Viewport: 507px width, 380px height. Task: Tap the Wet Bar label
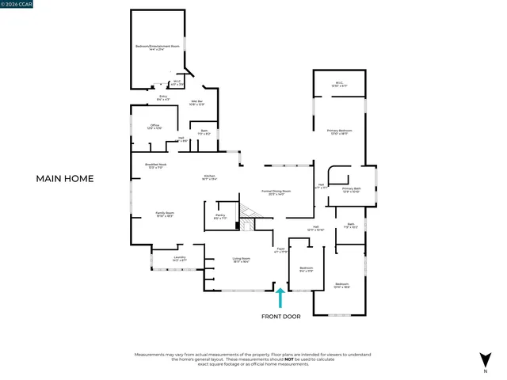pyautogui.click(x=197, y=101)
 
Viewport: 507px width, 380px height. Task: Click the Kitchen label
pyautogui.click(x=210, y=177)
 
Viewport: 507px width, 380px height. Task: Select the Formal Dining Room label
pyautogui.click(x=276, y=192)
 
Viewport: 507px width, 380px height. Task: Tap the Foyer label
pyautogui.click(x=280, y=250)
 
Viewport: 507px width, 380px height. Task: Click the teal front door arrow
pyautogui.click(x=280, y=297)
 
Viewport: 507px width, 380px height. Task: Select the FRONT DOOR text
pyautogui.click(x=281, y=317)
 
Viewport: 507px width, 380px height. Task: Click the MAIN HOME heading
pyautogui.click(x=65, y=179)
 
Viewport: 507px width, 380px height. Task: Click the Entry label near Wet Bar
pyautogui.click(x=162, y=98)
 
